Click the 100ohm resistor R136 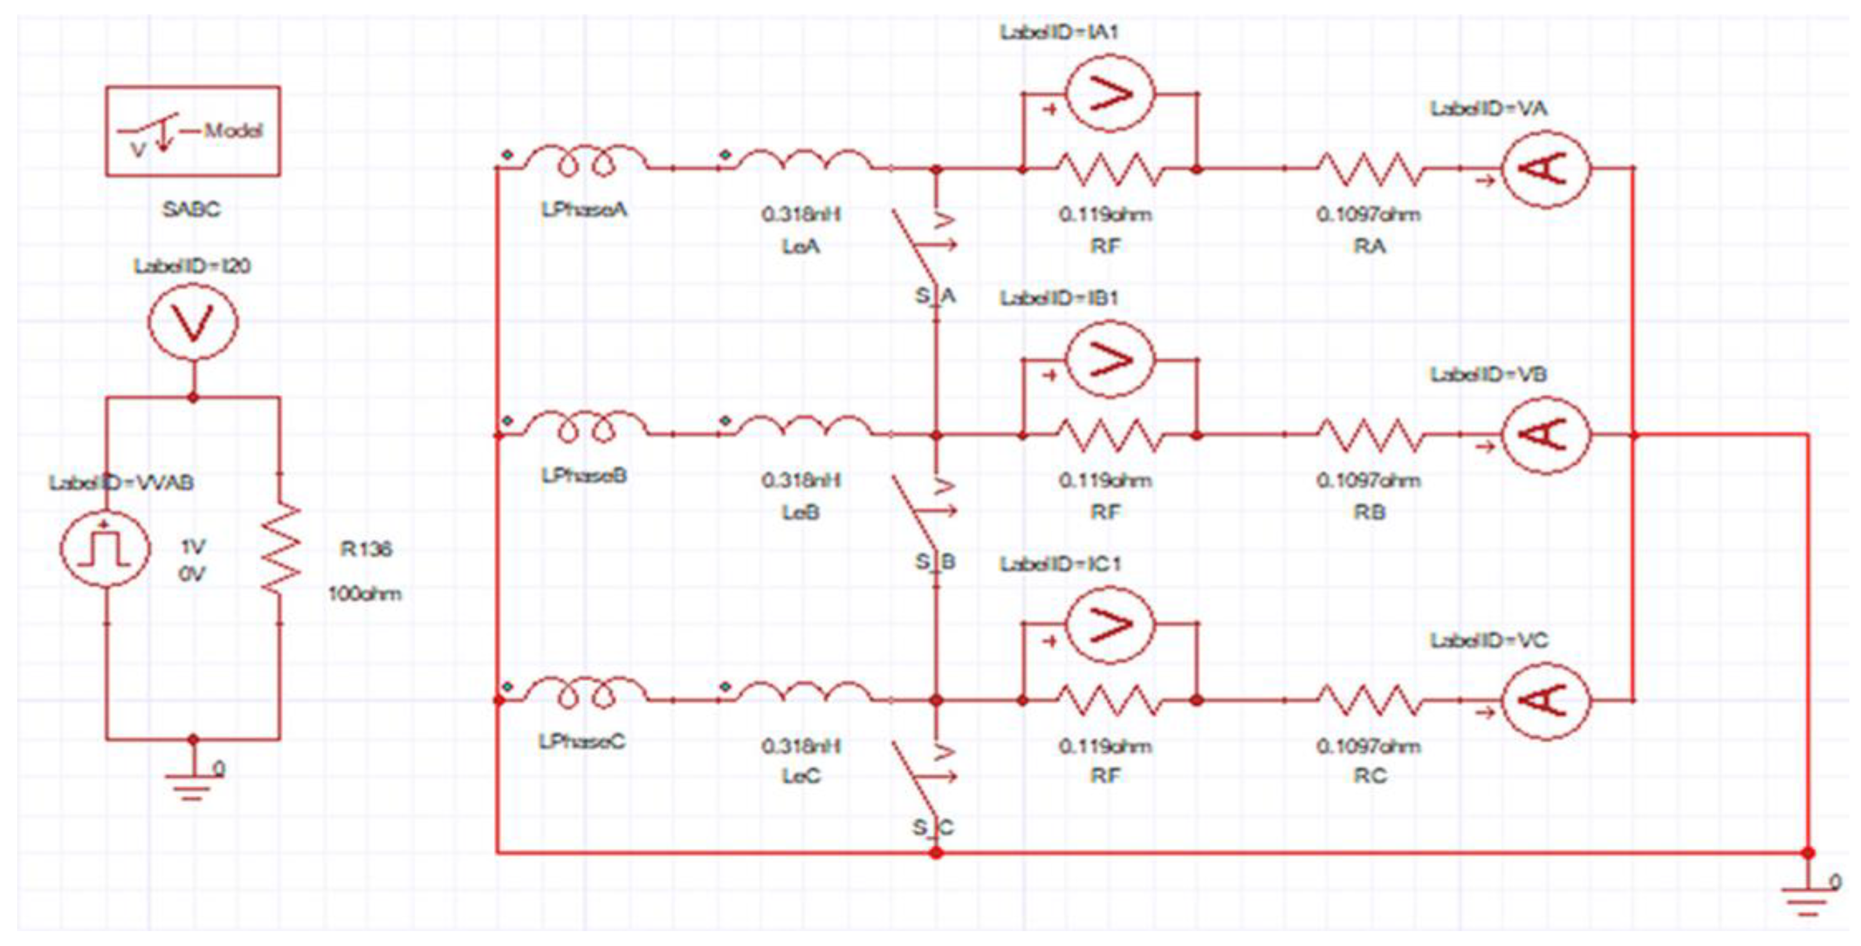pyautogui.click(x=281, y=549)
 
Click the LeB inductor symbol pyautogui.click(x=802, y=427)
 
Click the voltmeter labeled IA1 pyautogui.click(x=1110, y=95)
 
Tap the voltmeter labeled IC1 pyautogui.click(x=1110, y=626)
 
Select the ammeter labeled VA pyautogui.click(x=1545, y=169)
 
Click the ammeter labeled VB pyautogui.click(x=1545, y=435)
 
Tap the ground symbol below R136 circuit pyautogui.click(x=192, y=784)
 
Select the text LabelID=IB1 pyautogui.click(x=1059, y=297)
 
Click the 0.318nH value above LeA pyautogui.click(x=801, y=215)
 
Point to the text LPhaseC pyautogui.click(x=582, y=741)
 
